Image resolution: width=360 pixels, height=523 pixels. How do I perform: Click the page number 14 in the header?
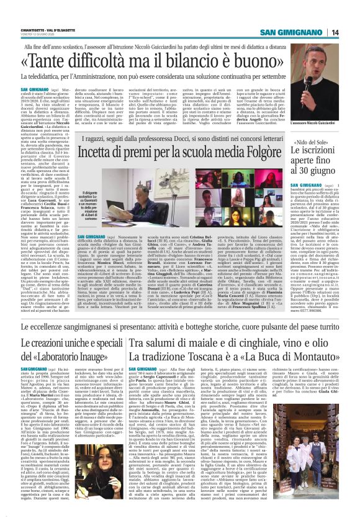[352, 14]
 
